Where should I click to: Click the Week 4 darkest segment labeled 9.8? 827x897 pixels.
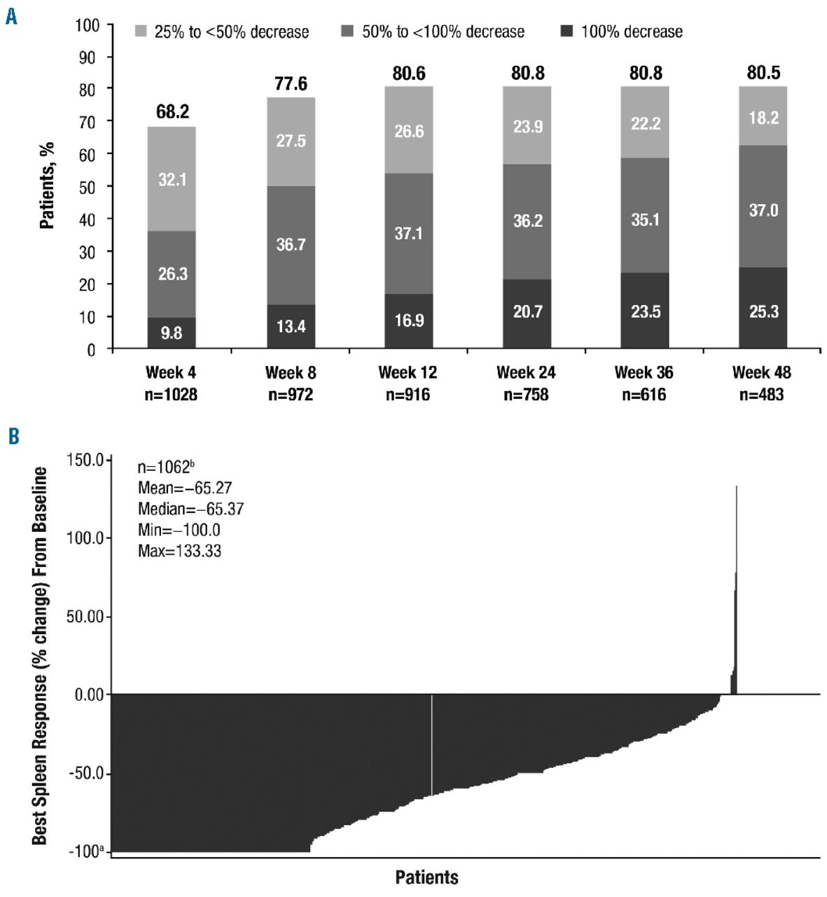click(172, 333)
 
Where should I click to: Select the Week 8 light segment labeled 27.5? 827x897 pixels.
click(291, 141)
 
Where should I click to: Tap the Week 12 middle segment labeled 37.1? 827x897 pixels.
click(408, 233)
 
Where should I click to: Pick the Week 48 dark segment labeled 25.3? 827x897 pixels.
click(763, 311)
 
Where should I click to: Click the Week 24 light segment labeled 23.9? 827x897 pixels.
click(527, 127)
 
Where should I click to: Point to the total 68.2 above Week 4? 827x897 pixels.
click(172, 112)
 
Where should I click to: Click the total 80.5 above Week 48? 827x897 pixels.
click(763, 73)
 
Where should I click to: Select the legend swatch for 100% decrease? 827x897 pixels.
click(567, 32)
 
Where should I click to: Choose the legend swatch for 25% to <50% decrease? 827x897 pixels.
click(141, 32)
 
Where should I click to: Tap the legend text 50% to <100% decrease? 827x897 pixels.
click(443, 32)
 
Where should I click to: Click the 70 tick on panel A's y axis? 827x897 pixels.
click(88, 121)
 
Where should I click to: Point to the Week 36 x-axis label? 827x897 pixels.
click(644, 372)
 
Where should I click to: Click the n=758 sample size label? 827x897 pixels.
click(527, 395)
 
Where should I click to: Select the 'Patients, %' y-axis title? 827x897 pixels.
click(48, 186)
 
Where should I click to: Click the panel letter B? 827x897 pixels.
click(13, 437)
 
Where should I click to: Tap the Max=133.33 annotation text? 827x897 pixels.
click(179, 551)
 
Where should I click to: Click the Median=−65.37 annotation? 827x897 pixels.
click(190, 509)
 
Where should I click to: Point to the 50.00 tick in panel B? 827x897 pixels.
click(85, 617)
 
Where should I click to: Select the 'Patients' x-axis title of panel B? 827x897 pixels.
click(426, 877)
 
